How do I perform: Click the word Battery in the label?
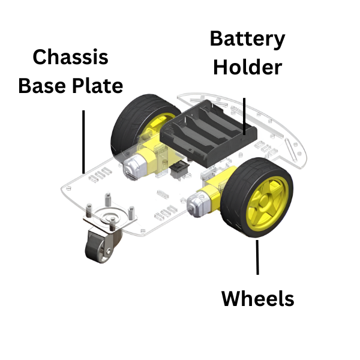click(x=247, y=40)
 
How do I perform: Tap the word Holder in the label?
click(x=247, y=67)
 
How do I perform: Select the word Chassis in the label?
click(x=70, y=58)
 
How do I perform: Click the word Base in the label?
click(x=43, y=85)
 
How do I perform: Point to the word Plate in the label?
click(x=96, y=85)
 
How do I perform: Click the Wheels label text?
click(x=258, y=298)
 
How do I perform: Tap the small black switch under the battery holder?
click(x=179, y=172)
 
